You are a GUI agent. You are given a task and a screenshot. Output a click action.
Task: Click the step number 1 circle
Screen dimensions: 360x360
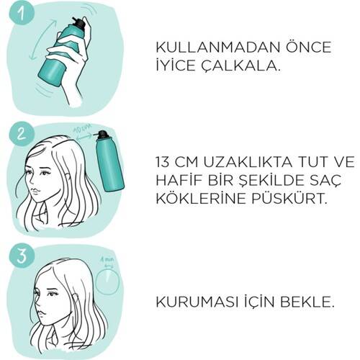tap(21, 12)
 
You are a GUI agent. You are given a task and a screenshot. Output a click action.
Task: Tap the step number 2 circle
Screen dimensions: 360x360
tap(21, 134)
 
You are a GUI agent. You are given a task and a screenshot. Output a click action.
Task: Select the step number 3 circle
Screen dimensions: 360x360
tap(21, 256)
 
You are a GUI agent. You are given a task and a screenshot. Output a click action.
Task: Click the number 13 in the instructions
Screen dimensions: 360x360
tap(163, 162)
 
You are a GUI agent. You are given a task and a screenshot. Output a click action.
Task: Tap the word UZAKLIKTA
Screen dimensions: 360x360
tap(248, 162)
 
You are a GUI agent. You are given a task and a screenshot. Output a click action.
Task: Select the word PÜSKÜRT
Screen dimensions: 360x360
tap(289, 199)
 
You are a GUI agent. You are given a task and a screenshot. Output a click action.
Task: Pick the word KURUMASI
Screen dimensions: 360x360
tap(197, 302)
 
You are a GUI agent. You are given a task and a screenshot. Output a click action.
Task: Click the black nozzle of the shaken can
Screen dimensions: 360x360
tap(78, 22)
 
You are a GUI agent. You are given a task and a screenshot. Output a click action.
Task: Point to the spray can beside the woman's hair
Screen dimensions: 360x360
tap(109, 161)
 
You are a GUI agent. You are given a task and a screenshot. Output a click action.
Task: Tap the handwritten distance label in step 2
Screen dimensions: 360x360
tap(81, 130)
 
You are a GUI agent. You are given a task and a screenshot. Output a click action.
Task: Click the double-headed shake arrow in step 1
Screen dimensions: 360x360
tap(42, 40)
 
